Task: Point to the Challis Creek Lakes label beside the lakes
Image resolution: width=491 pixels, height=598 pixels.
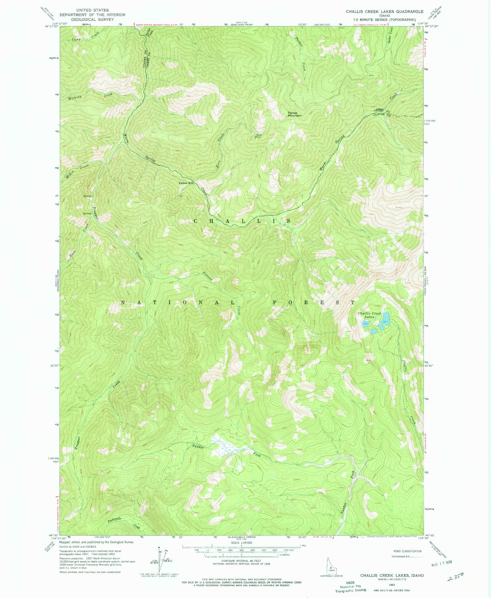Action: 370,315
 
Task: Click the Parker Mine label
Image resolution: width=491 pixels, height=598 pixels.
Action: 259,136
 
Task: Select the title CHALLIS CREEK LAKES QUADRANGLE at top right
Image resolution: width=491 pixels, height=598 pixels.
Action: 385,11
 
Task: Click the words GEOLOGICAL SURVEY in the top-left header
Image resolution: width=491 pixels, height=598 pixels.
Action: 92,19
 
